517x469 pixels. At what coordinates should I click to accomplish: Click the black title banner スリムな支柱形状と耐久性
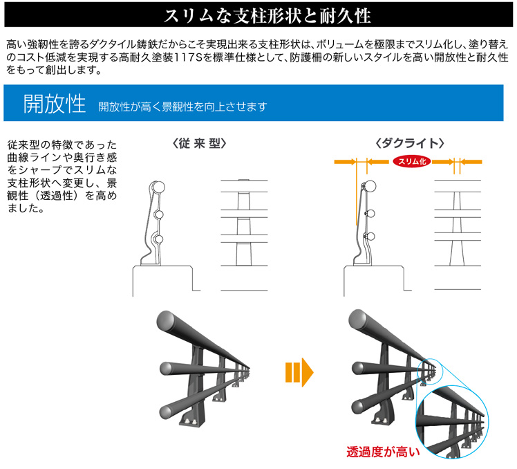pyautogui.click(x=258, y=15)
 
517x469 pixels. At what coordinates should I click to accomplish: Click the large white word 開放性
pyautogui.click(x=55, y=104)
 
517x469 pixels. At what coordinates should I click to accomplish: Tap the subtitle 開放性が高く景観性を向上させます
pyautogui.click(x=182, y=107)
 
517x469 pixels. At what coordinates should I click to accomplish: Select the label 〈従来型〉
pyautogui.click(x=200, y=144)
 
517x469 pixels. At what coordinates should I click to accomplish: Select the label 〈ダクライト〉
pyautogui.click(x=410, y=144)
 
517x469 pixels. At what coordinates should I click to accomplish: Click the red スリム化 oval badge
pyautogui.click(x=412, y=161)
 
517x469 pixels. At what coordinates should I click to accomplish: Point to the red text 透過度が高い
pyautogui.click(x=383, y=452)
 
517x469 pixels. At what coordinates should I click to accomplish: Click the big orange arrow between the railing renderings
pyautogui.click(x=299, y=373)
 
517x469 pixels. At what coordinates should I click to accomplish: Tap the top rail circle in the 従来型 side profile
pyautogui.click(x=158, y=187)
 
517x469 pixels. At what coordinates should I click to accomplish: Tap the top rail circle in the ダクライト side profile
pyautogui.click(x=370, y=187)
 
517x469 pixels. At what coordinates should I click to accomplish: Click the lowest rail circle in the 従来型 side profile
pyautogui.click(x=158, y=239)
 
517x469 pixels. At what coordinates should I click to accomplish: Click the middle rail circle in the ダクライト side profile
pyautogui.click(x=370, y=214)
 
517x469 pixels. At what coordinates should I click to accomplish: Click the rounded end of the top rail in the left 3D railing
pyautogui.click(x=167, y=320)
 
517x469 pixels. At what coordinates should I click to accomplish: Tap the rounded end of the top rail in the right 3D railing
pyautogui.click(x=359, y=319)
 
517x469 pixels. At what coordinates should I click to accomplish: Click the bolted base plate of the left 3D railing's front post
pyautogui.click(x=192, y=421)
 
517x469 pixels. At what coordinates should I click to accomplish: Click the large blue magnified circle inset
pyautogui.click(x=452, y=421)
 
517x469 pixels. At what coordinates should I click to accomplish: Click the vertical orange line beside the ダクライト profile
pyautogui.click(x=357, y=194)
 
